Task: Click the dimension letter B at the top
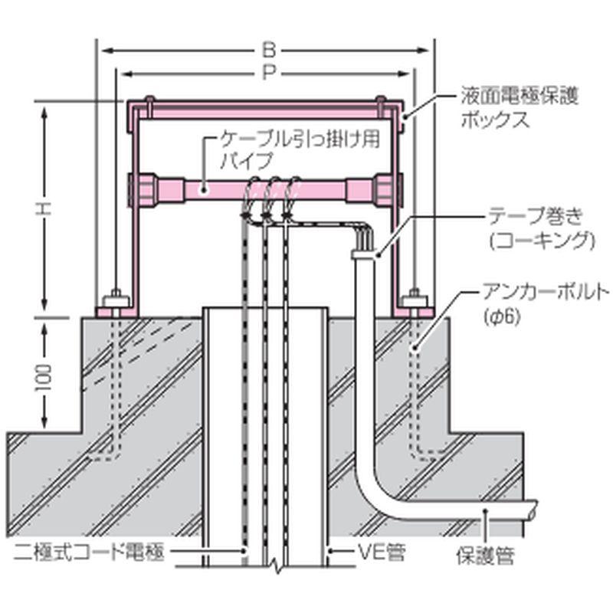(x=267, y=51)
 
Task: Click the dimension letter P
(x=267, y=74)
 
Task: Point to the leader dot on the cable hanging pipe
(x=202, y=188)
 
